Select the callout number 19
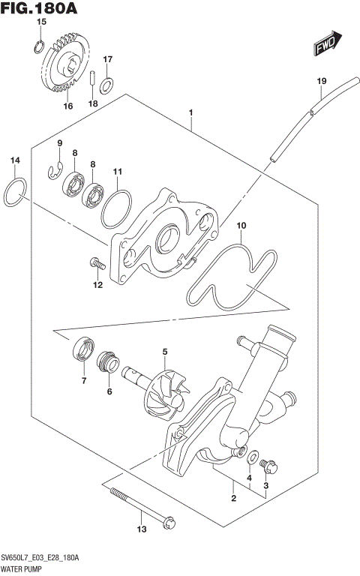[x=321, y=80]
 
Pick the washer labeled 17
[x=107, y=83]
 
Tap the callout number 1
[x=192, y=113]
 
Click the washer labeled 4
[x=254, y=454]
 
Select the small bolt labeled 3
[x=269, y=466]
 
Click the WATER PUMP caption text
[x=26, y=569]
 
